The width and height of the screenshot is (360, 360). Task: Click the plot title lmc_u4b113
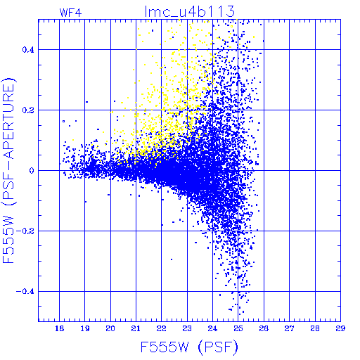tap(190, 11)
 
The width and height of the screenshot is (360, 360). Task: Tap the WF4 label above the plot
tap(70, 13)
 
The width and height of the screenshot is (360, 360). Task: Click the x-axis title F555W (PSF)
tap(189, 347)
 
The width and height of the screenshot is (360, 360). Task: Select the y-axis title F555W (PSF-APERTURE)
tap(8, 171)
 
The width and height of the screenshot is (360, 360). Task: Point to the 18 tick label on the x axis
tap(60, 328)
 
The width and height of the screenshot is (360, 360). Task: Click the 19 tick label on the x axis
tap(85, 328)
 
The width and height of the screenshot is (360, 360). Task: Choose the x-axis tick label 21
tap(136, 328)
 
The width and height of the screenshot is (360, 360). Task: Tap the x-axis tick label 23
tap(187, 328)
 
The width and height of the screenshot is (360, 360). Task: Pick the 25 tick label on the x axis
tap(238, 328)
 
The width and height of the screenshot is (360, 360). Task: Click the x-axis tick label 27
tap(289, 328)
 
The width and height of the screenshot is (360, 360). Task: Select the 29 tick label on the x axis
tap(340, 328)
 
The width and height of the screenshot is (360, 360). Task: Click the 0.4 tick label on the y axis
tap(28, 50)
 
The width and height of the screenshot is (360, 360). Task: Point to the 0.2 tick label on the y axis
tap(28, 110)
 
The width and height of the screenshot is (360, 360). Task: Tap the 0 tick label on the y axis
tap(32, 171)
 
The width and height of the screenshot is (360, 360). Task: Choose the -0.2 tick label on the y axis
tap(25, 231)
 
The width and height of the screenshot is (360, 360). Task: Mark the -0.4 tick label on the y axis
tap(25, 292)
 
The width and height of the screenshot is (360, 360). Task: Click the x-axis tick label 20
tap(110, 328)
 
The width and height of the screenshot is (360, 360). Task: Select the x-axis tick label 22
tap(162, 328)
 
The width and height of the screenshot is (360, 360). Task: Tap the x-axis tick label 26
tap(264, 328)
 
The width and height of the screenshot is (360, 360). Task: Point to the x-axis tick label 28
tap(315, 328)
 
